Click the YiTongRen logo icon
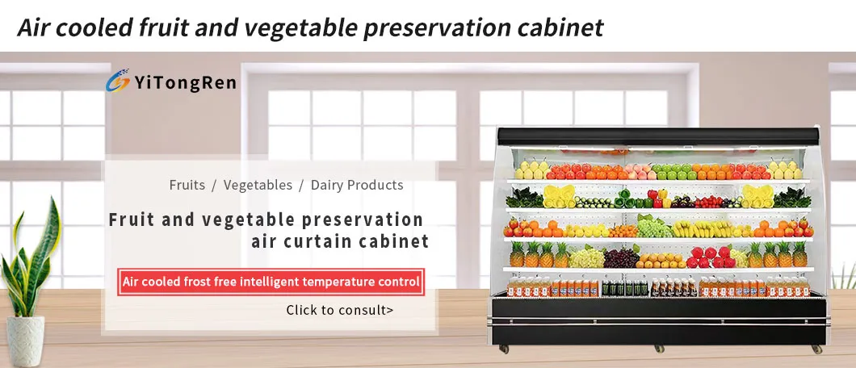coord(117,82)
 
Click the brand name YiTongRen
coord(185,82)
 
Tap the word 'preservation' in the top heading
coord(434,28)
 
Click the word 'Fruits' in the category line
coord(187,185)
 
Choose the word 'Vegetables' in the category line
coord(258,185)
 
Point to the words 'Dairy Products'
coord(356,185)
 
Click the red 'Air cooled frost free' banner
coord(271,282)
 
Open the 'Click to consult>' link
coord(339,310)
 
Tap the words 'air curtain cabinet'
coord(340,241)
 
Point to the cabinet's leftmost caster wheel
coord(504,349)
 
